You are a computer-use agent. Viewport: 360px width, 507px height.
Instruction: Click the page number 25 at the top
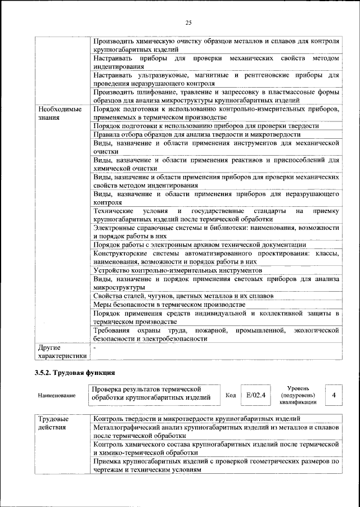188,22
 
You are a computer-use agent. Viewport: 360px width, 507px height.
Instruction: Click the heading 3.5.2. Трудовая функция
75,372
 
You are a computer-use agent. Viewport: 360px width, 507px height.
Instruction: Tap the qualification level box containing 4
334,395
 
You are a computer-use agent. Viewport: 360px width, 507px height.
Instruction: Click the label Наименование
57,396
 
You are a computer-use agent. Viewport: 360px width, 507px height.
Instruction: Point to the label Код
230,395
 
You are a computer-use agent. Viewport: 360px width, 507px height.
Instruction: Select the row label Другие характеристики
61,352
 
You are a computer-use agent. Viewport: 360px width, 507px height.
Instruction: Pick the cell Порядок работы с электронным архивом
200,245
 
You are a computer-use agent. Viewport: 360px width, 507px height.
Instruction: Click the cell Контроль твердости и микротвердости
196,419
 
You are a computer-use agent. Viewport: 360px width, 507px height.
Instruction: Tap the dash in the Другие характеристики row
95,348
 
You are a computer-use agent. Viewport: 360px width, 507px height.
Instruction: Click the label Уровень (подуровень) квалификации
297,395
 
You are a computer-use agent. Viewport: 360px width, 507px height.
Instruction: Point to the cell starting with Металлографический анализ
216,432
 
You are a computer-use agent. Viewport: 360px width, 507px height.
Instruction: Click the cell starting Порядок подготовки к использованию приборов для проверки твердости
206,126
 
